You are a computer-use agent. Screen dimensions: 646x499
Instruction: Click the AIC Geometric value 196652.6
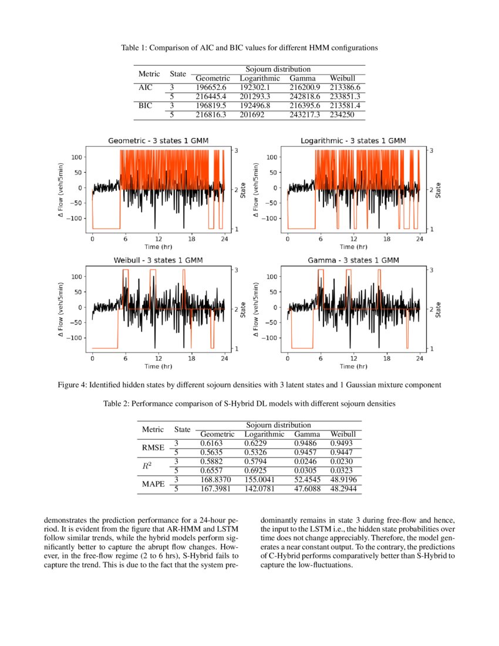(x=210, y=87)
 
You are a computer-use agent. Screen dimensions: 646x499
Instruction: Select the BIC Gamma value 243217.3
(x=304, y=115)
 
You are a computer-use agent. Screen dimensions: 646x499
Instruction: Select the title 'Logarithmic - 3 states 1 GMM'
(x=353, y=141)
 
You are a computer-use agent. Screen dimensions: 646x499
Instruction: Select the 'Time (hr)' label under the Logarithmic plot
(x=353, y=247)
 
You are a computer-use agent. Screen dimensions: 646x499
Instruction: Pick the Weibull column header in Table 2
(x=343, y=434)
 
